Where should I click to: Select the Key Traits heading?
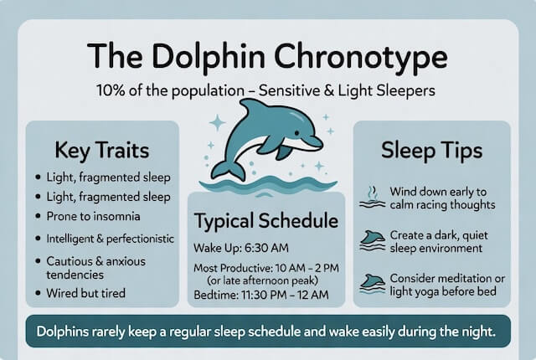[x=102, y=152]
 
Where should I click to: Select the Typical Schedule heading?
[x=266, y=222]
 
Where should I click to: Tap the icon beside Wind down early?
[x=372, y=198]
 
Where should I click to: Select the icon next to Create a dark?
[x=372, y=241]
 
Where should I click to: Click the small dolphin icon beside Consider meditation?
[x=372, y=284]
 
